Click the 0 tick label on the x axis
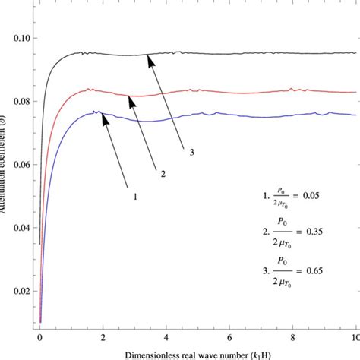tap(40, 334)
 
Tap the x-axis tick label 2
tap(103, 334)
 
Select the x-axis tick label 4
tap(166, 334)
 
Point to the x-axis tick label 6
tap(229, 334)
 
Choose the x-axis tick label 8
tap(292, 334)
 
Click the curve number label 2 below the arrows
tap(162, 172)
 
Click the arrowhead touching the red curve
tap(130, 99)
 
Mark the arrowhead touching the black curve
tap(151, 58)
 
